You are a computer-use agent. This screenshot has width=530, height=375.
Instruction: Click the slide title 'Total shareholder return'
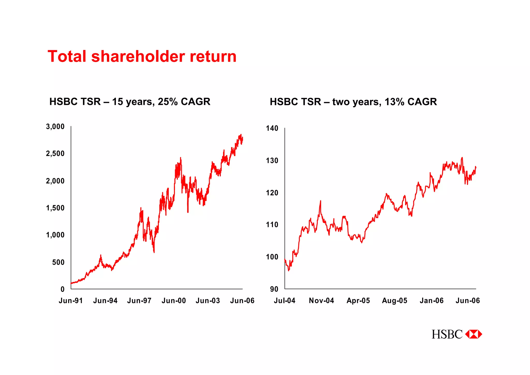point(142,56)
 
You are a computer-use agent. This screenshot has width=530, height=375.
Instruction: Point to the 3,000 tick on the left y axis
point(55,127)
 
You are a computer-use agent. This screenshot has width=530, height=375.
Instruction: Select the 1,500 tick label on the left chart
point(55,208)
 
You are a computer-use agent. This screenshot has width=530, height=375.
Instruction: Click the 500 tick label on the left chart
point(58,262)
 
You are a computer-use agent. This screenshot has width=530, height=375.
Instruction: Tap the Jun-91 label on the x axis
point(71,301)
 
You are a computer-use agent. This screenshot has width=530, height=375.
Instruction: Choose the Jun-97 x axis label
point(139,301)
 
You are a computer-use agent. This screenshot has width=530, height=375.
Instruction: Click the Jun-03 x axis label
point(208,301)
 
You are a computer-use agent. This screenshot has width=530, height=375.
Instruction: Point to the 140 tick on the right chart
point(272,128)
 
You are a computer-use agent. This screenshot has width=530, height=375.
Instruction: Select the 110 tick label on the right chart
point(272,225)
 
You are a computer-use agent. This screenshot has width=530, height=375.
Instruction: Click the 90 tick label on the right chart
point(274,289)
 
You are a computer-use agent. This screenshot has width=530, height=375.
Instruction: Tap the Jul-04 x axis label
point(284,301)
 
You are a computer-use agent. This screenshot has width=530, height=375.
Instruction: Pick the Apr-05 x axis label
point(358,301)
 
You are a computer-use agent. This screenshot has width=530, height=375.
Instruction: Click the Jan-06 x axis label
point(431,301)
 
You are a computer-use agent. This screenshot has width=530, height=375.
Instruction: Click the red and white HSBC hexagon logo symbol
point(474,334)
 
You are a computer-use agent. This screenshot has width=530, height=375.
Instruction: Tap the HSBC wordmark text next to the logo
point(447,334)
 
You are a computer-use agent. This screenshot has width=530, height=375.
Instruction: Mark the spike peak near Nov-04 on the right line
point(320,201)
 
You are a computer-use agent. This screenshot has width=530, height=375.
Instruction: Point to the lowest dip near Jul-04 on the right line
point(289,271)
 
